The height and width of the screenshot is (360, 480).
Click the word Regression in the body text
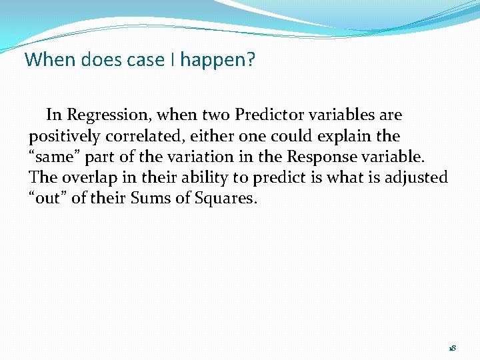pos(109,115)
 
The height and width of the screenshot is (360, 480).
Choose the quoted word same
pos(53,157)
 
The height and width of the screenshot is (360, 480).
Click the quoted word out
pos(48,199)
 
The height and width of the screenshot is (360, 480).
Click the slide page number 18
pos(452,348)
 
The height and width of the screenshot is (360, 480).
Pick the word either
pos(208,136)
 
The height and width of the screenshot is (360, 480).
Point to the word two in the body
pos(213,115)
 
